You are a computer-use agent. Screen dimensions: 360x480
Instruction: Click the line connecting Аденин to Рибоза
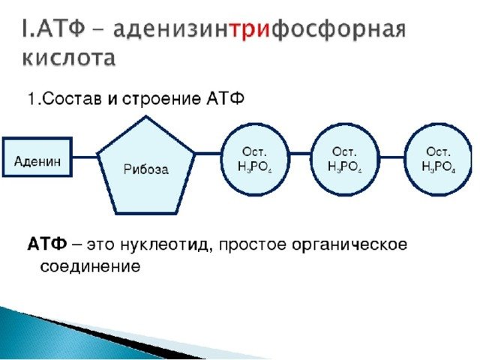click(85, 157)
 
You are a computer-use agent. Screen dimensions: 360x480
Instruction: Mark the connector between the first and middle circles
click(301, 154)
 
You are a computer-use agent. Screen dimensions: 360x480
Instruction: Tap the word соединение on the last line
click(90, 266)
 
